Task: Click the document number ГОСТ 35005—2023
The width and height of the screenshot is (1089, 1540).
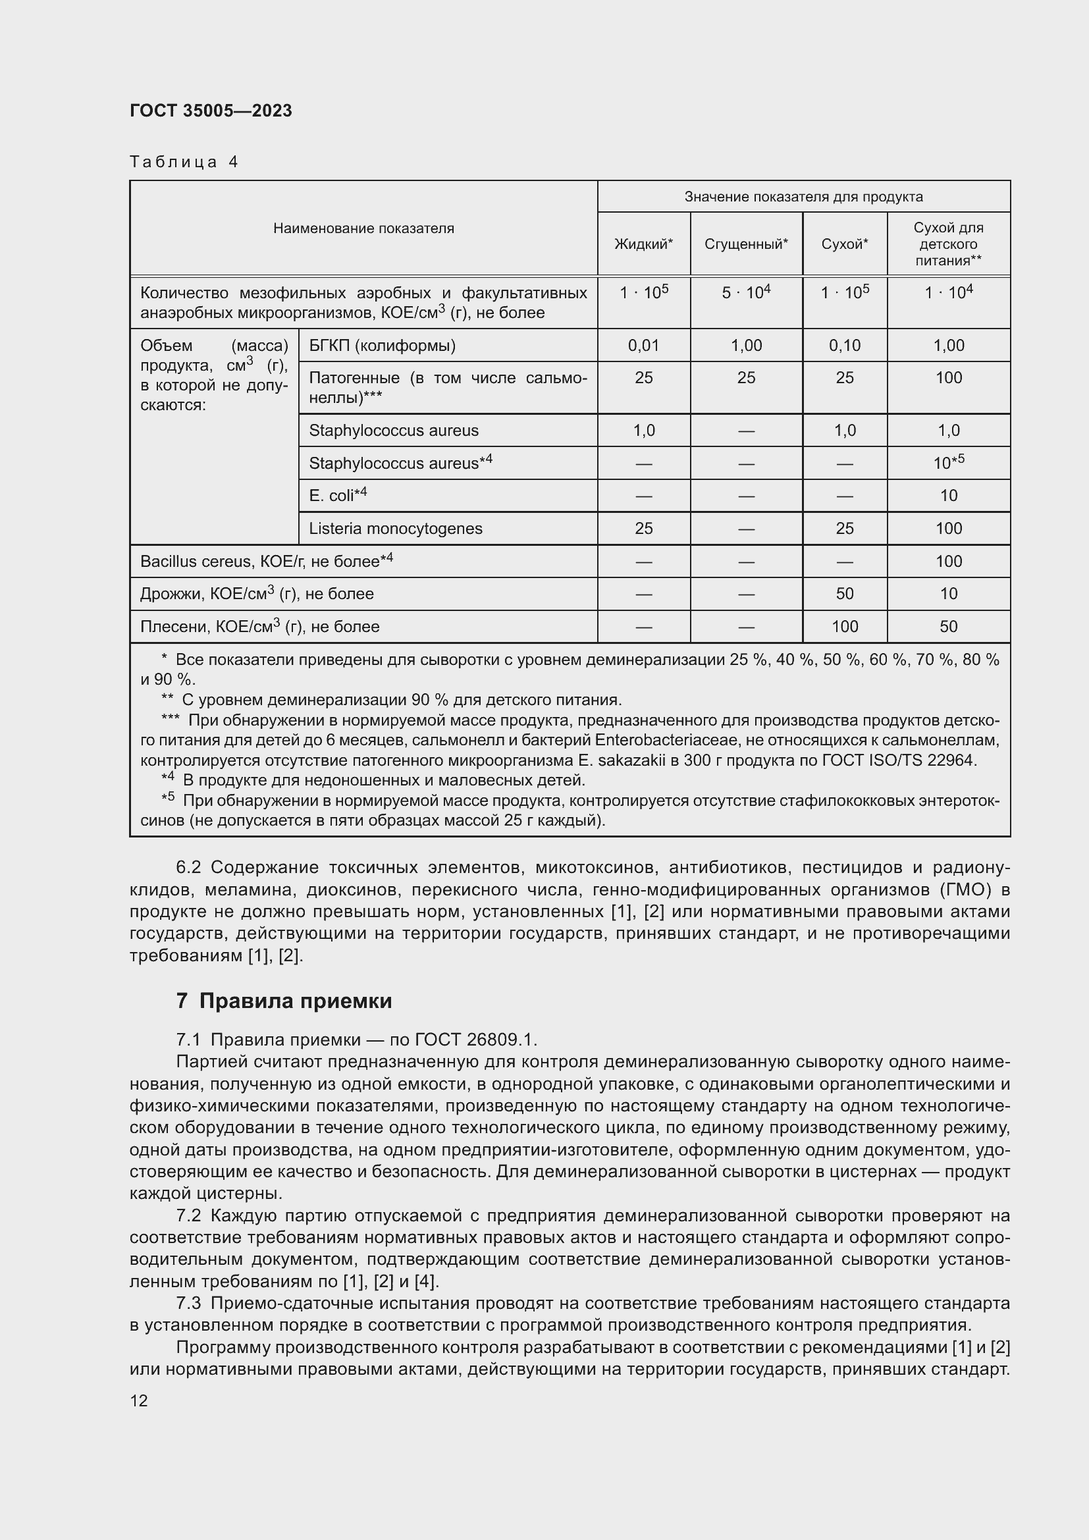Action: click(x=211, y=111)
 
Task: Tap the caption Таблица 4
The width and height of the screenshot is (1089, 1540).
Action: click(x=184, y=162)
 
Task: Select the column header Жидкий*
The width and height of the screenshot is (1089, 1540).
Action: click(x=643, y=244)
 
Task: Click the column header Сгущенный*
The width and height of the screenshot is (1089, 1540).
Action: click(x=746, y=244)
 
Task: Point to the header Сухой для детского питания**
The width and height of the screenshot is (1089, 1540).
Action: click(x=948, y=244)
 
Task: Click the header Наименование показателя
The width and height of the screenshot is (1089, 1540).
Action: click(x=363, y=228)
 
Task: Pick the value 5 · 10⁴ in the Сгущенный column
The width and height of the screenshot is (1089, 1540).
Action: click(x=746, y=292)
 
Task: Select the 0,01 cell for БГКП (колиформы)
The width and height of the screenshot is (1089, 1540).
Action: click(x=643, y=346)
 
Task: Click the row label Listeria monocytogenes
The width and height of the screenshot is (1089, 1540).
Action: click(x=395, y=529)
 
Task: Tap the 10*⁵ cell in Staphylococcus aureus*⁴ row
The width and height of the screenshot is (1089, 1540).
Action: click(x=948, y=462)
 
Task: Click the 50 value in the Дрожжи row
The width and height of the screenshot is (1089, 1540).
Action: click(x=844, y=594)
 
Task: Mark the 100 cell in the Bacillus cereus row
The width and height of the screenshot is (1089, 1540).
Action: click(x=948, y=562)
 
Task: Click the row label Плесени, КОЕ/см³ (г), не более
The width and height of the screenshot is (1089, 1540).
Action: click(x=259, y=626)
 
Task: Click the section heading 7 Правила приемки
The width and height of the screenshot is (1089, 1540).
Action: click(x=284, y=1001)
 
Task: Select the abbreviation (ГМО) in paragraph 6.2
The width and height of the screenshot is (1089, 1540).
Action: click(x=974, y=890)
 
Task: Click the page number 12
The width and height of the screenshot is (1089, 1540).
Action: click(x=139, y=1400)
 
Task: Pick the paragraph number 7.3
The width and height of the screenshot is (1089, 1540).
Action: click(x=188, y=1303)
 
